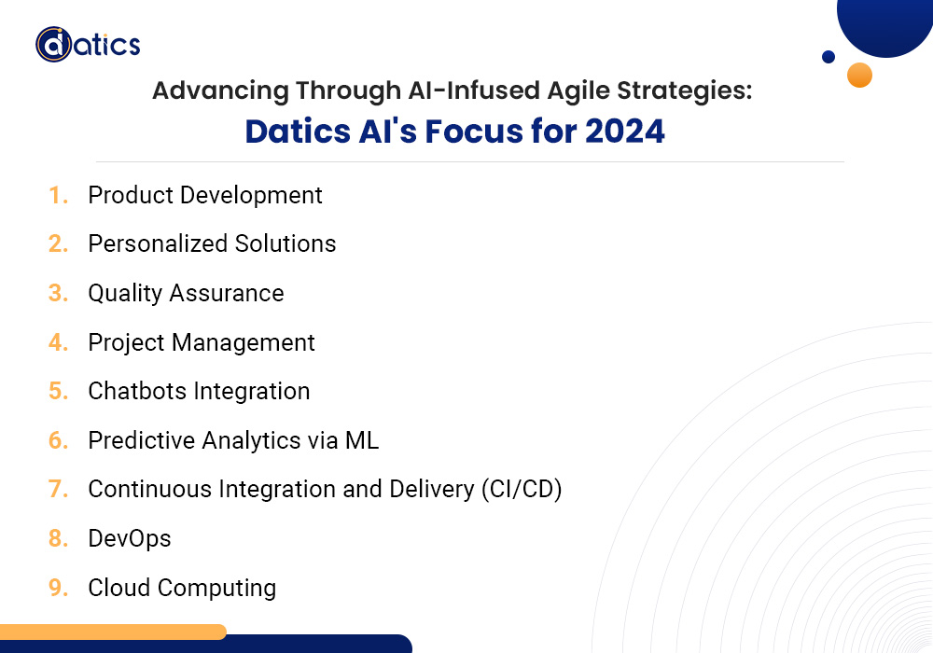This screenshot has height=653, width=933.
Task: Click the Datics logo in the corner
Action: (x=88, y=44)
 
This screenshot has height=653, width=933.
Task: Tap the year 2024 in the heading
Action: (x=624, y=132)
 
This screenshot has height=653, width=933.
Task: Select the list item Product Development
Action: (x=205, y=195)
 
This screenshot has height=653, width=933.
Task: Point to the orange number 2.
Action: (x=58, y=244)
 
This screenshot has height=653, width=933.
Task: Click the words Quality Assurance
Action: (x=186, y=293)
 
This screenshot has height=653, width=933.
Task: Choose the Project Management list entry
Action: (x=202, y=342)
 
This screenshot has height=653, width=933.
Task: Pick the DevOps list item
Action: (x=130, y=538)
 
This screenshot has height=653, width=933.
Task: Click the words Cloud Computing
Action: (x=182, y=588)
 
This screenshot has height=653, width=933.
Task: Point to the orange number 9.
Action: (x=58, y=588)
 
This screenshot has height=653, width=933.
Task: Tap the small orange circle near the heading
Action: (x=859, y=75)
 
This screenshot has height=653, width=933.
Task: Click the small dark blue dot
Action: (x=829, y=57)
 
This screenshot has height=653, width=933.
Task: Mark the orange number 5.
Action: (x=58, y=391)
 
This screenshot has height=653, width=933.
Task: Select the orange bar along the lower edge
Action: (x=112, y=632)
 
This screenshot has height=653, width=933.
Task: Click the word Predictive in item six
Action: (x=138, y=440)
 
